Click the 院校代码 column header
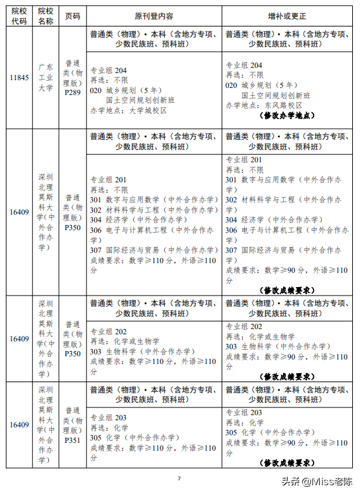click(x=19, y=16)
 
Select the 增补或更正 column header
click(x=288, y=16)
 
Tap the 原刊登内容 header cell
click(x=153, y=16)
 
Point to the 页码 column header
click(x=72, y=16)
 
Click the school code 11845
click(x=19, y=78)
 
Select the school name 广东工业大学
click(x=45, y=78)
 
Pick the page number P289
click(x=72, y=92)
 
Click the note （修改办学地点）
click(x=288, y=116)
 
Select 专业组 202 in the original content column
click(x=109, y=332)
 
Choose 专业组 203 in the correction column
click(x=244, y=413)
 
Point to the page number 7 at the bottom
click(x=179, y=478)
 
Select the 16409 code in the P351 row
click(x=19, y=425)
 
